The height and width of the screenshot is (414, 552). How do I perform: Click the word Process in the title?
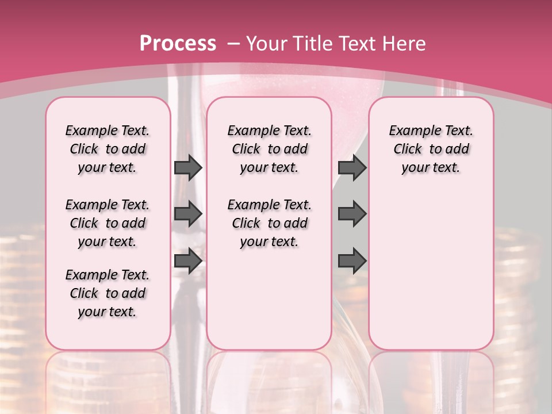tap(178, 44)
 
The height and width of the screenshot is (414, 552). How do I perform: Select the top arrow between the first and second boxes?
tap(188, 168)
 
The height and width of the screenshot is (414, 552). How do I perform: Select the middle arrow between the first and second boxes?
tap(188, 214)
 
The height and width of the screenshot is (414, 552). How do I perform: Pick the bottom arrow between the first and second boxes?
tap(188, 260)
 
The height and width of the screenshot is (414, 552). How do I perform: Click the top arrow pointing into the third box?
tap(352, 168)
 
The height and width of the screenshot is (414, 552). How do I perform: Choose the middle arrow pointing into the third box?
tap(352, 214)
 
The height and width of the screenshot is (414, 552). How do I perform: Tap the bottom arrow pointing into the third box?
tap(352, 260)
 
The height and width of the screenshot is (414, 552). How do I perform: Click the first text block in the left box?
tap(108, 149)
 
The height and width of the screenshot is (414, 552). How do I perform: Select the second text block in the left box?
tap(108, 223)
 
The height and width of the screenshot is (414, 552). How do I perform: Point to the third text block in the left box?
tap(108, 293)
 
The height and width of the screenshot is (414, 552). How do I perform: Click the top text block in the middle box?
tap(270, 149)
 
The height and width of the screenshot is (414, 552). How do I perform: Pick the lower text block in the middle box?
tap(270, 223)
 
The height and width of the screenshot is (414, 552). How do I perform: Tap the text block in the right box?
tap(431, 149)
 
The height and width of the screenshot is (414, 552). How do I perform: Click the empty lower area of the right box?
tap(431, 270)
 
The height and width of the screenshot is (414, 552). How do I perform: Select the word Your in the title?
tap(266, 44)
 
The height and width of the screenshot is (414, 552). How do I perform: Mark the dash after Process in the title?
tap(234, 44)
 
